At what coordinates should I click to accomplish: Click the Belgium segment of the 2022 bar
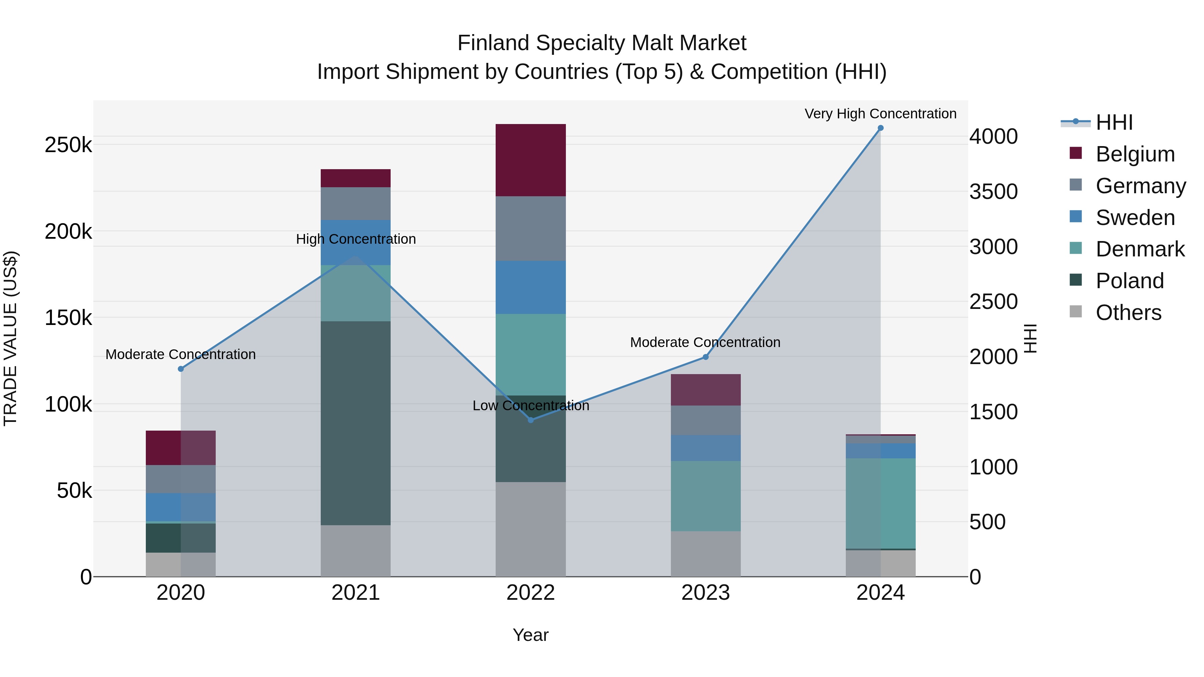[x=530, y=160]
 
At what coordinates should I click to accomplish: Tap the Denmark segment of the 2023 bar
[x=705, y=496]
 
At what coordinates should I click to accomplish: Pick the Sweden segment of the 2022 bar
[x=530, y=287]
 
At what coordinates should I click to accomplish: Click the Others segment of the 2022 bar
[x=530, y=529]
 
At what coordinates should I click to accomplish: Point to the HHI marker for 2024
[x=881, y=128]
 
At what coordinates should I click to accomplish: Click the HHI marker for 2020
[x=181, y=369]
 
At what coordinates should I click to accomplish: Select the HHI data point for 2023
[x=706, y=357]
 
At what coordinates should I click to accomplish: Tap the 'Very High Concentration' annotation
[x=880, y=114]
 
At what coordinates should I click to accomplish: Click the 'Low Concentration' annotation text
[x=530, y=405]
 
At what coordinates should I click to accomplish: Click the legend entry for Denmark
[x=1139, y=249]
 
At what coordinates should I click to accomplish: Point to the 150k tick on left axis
[x=68, y=318]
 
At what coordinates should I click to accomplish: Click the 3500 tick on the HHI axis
[x=993, y=192]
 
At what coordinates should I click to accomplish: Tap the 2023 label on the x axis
[x=705, y=592]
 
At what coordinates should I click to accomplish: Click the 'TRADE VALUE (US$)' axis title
[x=10, y=338]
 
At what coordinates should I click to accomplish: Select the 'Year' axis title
[x=530, y=635]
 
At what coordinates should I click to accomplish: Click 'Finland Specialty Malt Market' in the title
[x=602, y=43]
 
